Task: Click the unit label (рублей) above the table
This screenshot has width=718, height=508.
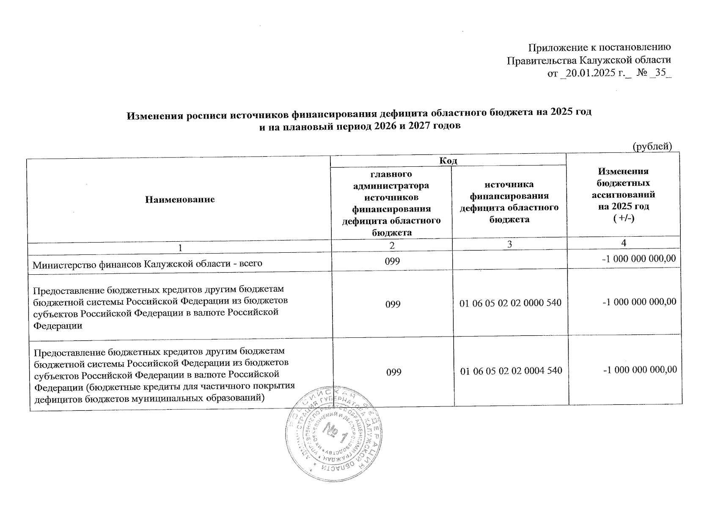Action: point(652,146)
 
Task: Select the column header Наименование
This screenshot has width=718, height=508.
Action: point(180,199)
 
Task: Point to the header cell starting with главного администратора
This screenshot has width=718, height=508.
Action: point(391,203)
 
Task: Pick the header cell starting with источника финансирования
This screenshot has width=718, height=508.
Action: point(509,202)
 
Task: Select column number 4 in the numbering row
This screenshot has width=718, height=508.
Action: point(624,243)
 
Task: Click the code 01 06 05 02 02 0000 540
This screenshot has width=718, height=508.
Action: point(510,303)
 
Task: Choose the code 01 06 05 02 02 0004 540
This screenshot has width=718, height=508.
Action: point(511,371)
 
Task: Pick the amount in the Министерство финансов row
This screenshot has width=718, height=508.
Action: point(639,259)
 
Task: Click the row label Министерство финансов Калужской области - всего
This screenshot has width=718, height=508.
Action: point(148,263)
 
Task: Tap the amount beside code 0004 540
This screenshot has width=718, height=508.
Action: point(640,370)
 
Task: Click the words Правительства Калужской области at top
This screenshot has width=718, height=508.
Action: point(589,61)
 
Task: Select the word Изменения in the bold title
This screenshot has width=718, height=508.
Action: point(154,114)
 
